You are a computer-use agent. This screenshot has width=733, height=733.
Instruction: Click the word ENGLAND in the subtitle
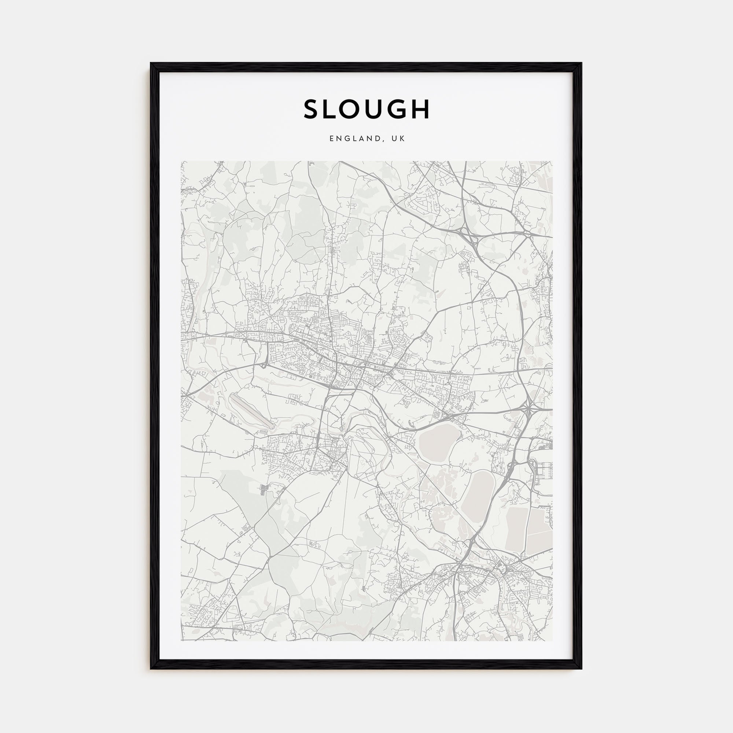353,139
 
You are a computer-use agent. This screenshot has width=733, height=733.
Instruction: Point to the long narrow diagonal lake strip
251,410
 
